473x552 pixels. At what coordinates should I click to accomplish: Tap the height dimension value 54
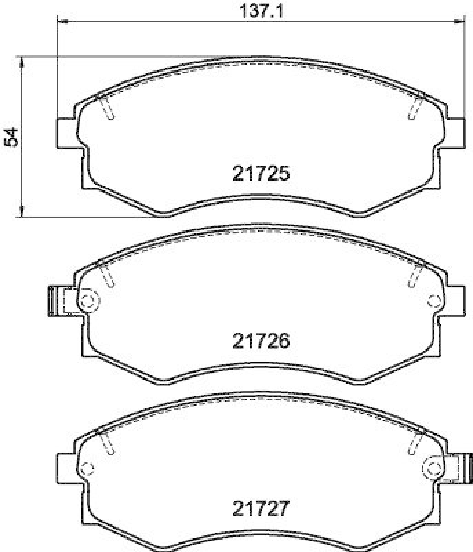(x=10, y=137)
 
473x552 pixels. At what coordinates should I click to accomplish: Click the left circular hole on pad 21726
(x=88, y=300)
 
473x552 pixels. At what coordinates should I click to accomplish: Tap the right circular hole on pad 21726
(x=434, y=300)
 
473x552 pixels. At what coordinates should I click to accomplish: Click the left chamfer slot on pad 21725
(x=106, y=106)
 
